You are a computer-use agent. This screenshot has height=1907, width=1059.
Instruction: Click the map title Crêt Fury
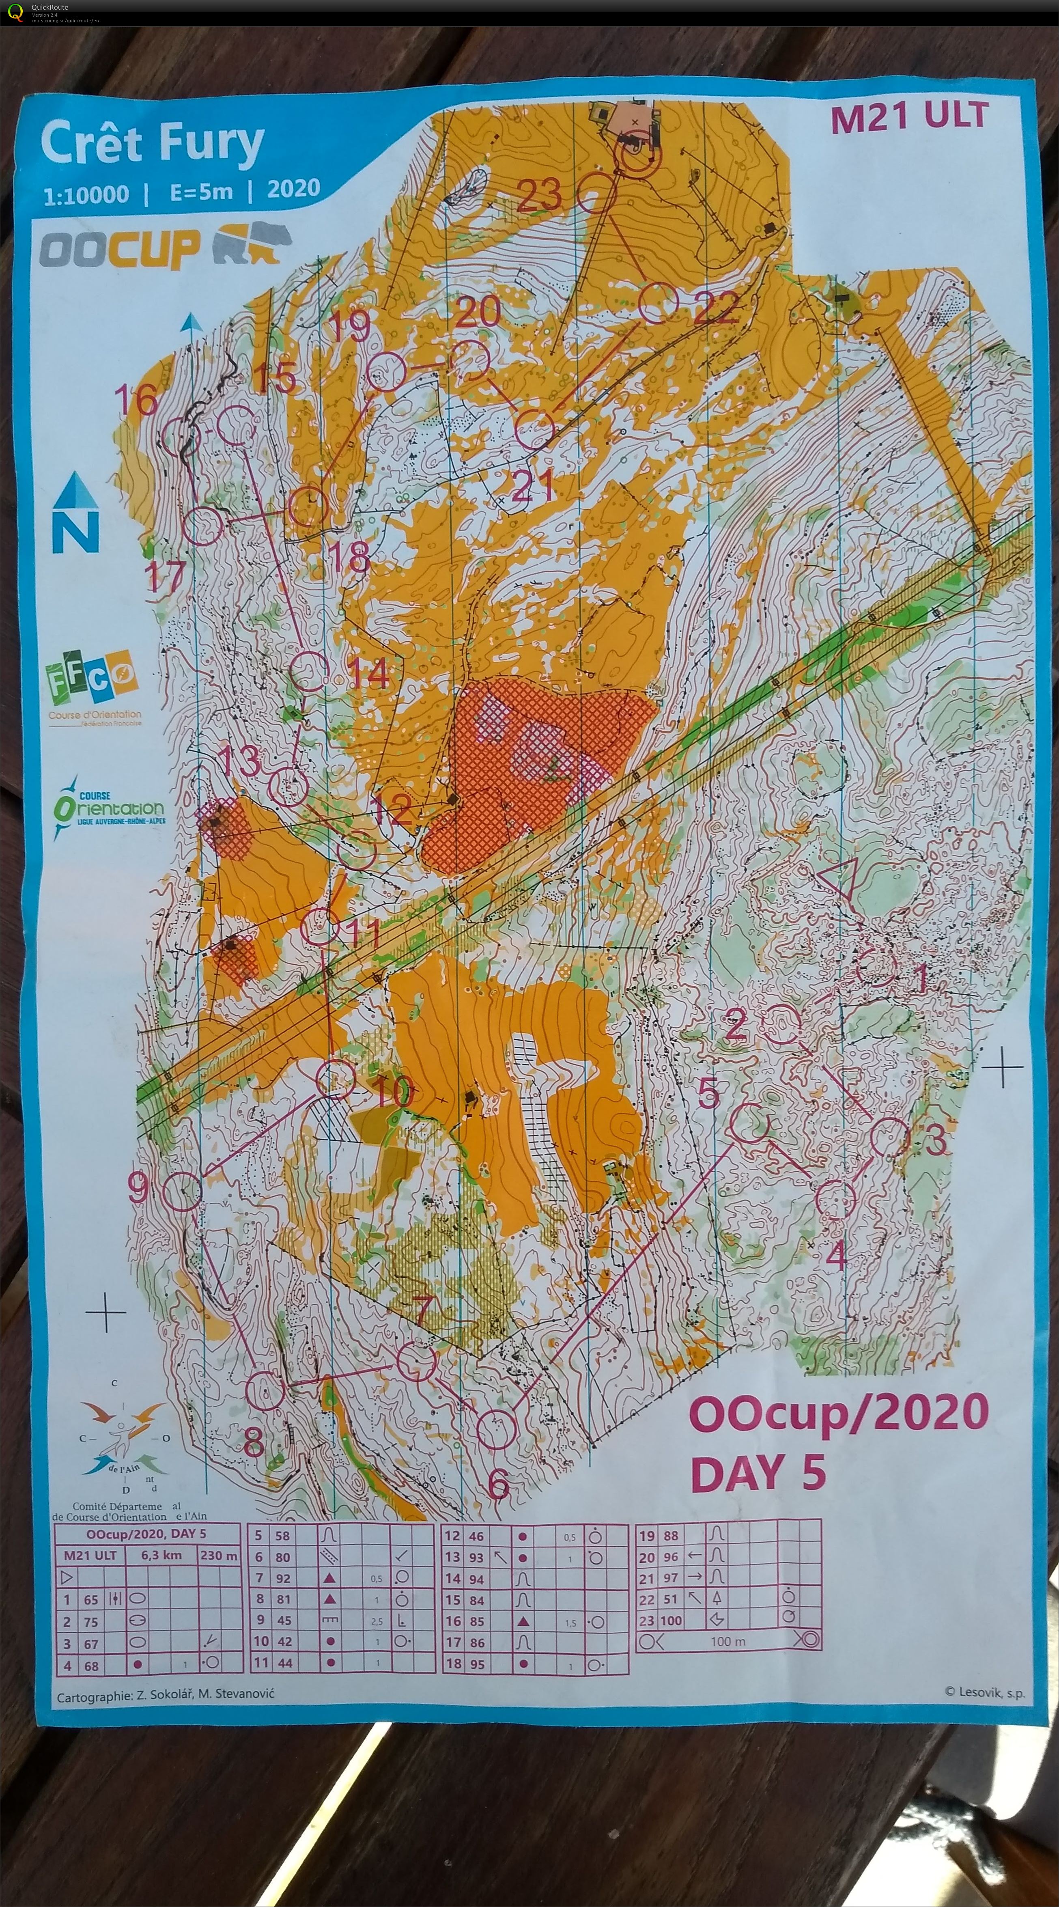153,144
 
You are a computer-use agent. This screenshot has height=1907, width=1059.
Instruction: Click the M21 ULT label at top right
910,117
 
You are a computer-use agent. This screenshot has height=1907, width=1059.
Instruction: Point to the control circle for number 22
659,304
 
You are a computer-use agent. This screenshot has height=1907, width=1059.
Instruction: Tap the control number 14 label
368,673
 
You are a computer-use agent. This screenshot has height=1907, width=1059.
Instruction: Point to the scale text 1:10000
86,195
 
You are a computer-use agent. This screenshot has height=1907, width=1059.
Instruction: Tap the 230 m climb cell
218,1556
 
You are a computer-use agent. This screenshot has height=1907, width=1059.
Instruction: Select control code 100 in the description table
670,1620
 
